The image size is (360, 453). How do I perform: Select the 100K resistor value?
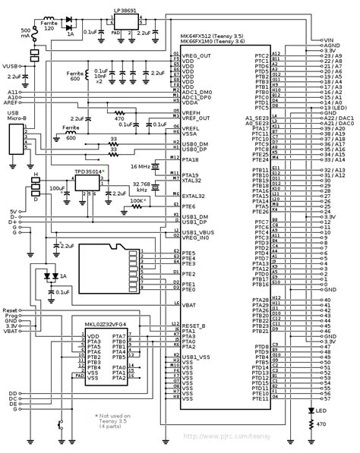(x=137, y=201)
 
